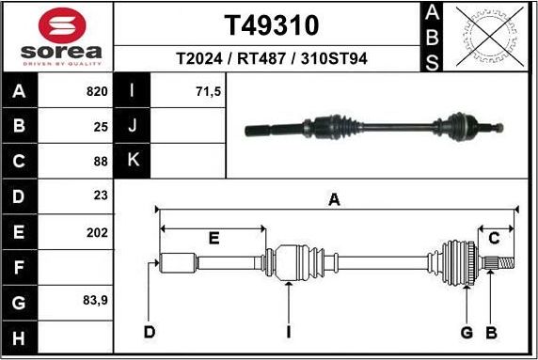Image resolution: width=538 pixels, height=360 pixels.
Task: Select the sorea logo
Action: [x=58, y=35]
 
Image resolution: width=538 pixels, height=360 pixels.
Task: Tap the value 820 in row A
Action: [x=97, y=92]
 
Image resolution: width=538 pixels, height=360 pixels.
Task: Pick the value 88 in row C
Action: [x=99, y=161]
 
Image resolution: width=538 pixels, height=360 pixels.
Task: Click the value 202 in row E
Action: [x=97, y=231]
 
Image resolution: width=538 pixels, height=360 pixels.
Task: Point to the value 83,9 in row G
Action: [x=94, y=302]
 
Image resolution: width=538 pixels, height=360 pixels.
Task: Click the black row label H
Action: [x=20, y=337]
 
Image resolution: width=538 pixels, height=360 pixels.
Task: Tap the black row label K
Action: [x=133, y=161]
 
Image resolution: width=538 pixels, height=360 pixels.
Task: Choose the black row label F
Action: [x=20, y=267]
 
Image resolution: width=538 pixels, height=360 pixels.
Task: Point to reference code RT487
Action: [x=263, y=58]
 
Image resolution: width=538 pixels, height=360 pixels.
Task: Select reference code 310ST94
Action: [x=333, y=58]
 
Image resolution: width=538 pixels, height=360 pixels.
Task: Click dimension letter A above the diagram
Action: [x=333, y=199]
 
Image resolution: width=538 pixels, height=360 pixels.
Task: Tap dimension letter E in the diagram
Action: [x=214, y=239]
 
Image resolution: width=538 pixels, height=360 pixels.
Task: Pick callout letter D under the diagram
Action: [x=149, y=331]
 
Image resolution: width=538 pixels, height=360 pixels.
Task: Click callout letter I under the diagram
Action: [x=289, y=331]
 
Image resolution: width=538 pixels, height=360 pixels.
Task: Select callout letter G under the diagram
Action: [x=467, y=331]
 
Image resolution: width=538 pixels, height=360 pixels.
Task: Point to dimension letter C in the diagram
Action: [x=494, y=238]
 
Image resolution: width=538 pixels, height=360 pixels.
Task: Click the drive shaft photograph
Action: [x=373, y=126]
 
